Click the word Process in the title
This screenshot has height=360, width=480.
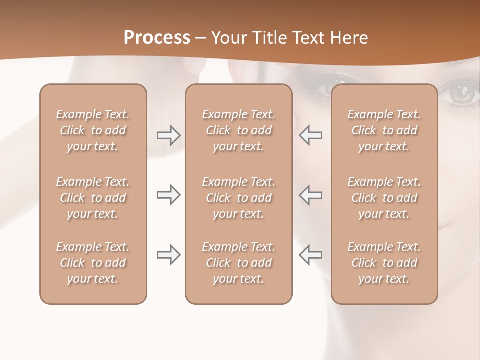[x=157, y=38]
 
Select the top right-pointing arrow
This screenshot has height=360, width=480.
[x=168, y=135]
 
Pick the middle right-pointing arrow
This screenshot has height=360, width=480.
[x=168, y=195]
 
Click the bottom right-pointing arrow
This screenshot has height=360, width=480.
[x=168, y=254]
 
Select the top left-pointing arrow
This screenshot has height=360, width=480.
[x=310, y=135]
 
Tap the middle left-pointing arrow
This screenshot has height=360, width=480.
[x=310, y=195]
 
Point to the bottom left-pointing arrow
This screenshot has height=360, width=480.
[x=310, y=254]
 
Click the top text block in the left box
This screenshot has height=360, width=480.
[x=93, y=130]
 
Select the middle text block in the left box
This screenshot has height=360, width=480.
[x=93, y=198]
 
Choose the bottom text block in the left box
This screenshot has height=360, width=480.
[x=93, y=263]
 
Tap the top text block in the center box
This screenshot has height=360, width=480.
[x=238, y=130]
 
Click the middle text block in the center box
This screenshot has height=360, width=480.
[x=238, y=198]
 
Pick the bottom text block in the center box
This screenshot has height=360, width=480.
[x=238, y=263]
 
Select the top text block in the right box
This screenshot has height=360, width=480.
[x=384, y=130]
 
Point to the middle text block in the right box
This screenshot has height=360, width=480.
[x=384, y=198]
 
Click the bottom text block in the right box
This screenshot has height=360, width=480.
[x=384, y=263]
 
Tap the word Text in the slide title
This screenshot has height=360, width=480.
[x=313, y=38]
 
